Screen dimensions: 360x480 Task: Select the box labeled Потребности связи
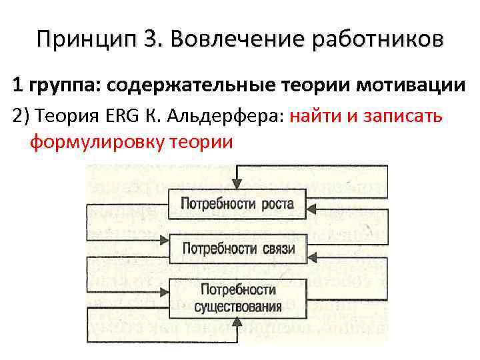point(237,249)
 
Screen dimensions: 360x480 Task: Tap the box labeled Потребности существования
point(237,298)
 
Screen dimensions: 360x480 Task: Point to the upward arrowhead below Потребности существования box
point(237,323)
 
